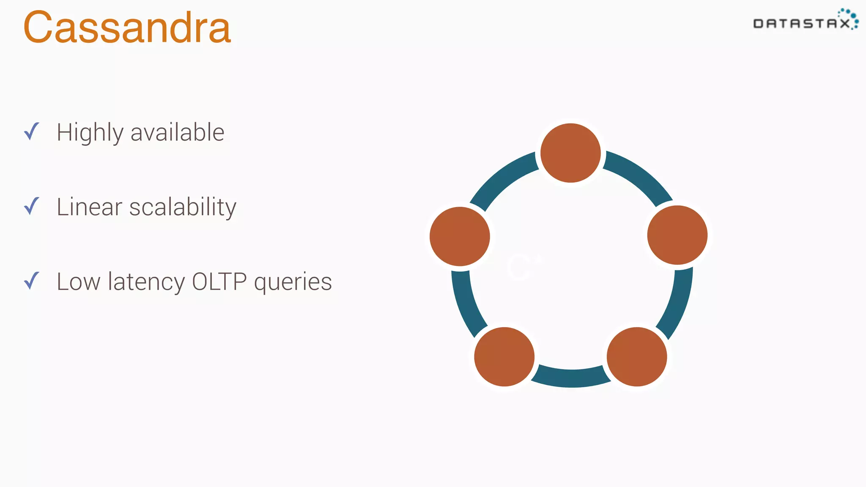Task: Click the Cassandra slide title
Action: click(x=127, y=28)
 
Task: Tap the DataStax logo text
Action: click(x=801, y=24)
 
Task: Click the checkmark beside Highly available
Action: click(x=32, y=131)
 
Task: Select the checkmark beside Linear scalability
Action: click(x=32, y=206)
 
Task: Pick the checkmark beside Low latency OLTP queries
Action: click(x=32, y=281)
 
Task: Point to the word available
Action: click(x=177, y=132)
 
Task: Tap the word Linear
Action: click(x=89, y=207)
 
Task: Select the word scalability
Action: click(x=183, y=207)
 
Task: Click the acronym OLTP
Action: click(x=219, y=282)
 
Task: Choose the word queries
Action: click(x=293, y=282)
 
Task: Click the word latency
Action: click(x=146, y=282)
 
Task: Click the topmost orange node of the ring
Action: click(x=570, y=153)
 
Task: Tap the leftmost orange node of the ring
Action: click(x=460, y=236)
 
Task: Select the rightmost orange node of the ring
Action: click(x=677, y=235)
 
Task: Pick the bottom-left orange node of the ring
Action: click(x=504, y=357)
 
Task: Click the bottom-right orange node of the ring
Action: click(x=636, y=357)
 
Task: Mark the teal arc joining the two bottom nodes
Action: click(x=570, y=378)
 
